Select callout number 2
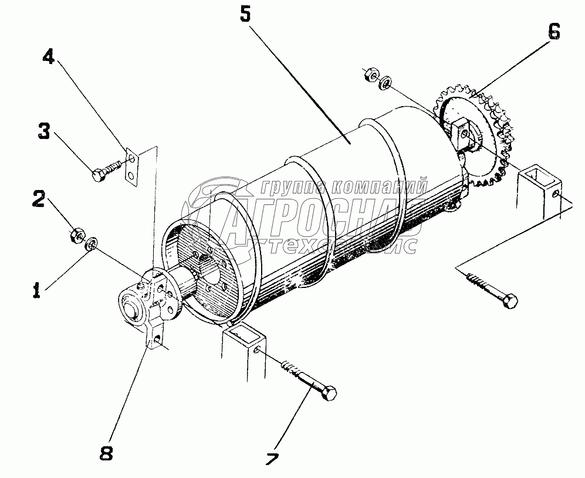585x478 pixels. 38,199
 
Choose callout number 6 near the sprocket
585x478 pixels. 553,33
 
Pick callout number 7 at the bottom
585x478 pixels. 271,460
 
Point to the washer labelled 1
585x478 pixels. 92,243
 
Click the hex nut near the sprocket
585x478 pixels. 371,75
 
